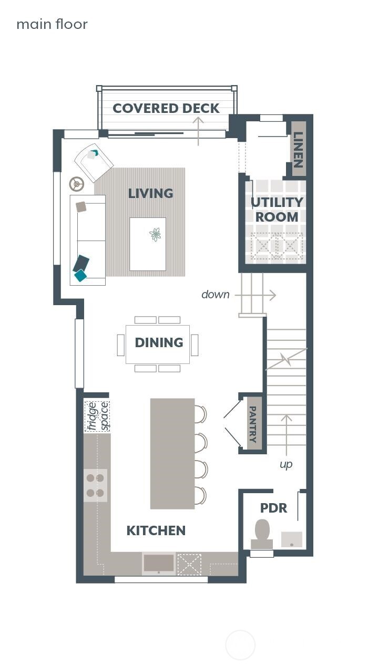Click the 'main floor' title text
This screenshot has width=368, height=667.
(52, 24)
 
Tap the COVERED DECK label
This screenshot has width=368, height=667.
(166, 108)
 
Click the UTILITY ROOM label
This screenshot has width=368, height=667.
(277, 210)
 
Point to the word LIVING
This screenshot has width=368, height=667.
(150, 193)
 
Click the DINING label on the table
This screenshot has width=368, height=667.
(159, 342)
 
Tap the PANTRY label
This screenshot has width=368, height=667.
(253, 424)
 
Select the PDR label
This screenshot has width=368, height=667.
(273, 508)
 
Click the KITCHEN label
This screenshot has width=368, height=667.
(156, 530)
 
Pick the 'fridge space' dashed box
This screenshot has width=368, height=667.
(97, 416)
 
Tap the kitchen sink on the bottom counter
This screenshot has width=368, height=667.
(159, 564)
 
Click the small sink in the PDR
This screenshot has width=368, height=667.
(291, 539)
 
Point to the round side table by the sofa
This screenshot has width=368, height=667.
(77, 184)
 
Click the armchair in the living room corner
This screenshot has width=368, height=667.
(94, 161)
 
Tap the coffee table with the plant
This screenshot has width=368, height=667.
(148, 244)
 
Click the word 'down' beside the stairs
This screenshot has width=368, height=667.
(216, 295)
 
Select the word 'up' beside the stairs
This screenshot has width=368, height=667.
(286, 464)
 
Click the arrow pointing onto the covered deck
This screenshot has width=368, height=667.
(198, 131)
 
